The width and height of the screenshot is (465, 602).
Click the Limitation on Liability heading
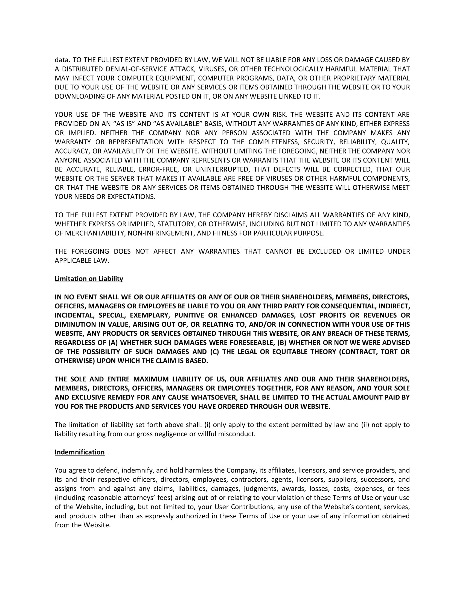(x=89, y=279)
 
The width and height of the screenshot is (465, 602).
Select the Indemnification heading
(x=80, y=452)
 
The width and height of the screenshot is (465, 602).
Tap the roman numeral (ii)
(x=365, y=425)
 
